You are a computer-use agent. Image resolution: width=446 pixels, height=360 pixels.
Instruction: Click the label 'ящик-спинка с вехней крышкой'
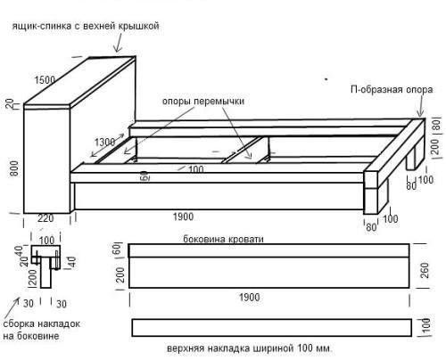point(86,27)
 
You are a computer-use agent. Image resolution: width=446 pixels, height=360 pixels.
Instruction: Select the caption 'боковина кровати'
point(220,239)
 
